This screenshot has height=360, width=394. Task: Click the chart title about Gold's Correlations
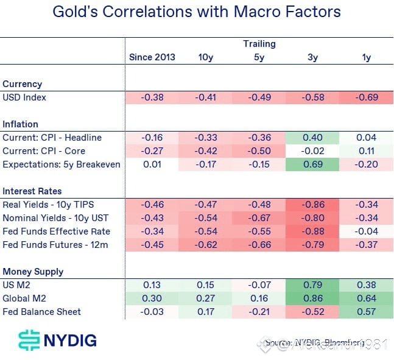click(x=197, y=12)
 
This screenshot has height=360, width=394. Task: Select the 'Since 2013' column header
click(x=152, y=57)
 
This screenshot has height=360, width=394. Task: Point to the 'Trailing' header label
click(x=259, y=44)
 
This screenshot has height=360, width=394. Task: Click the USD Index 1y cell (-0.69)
click(x=367, y=97)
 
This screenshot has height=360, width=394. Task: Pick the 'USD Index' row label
click(x=24, y=97)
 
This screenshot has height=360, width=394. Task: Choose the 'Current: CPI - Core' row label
click(x=44, y=151)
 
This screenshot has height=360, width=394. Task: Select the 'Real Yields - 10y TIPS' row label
click(x=47, y=205)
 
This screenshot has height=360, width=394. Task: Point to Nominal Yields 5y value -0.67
click(x=259, y=218)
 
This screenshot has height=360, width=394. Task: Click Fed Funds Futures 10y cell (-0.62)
click(x=205, y=245)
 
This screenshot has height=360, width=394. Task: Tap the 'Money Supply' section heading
click(x=33, y=272)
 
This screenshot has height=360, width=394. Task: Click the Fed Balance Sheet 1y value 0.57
click(x=367, y=312)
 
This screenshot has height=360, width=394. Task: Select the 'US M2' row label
click(x=16, y=285)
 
